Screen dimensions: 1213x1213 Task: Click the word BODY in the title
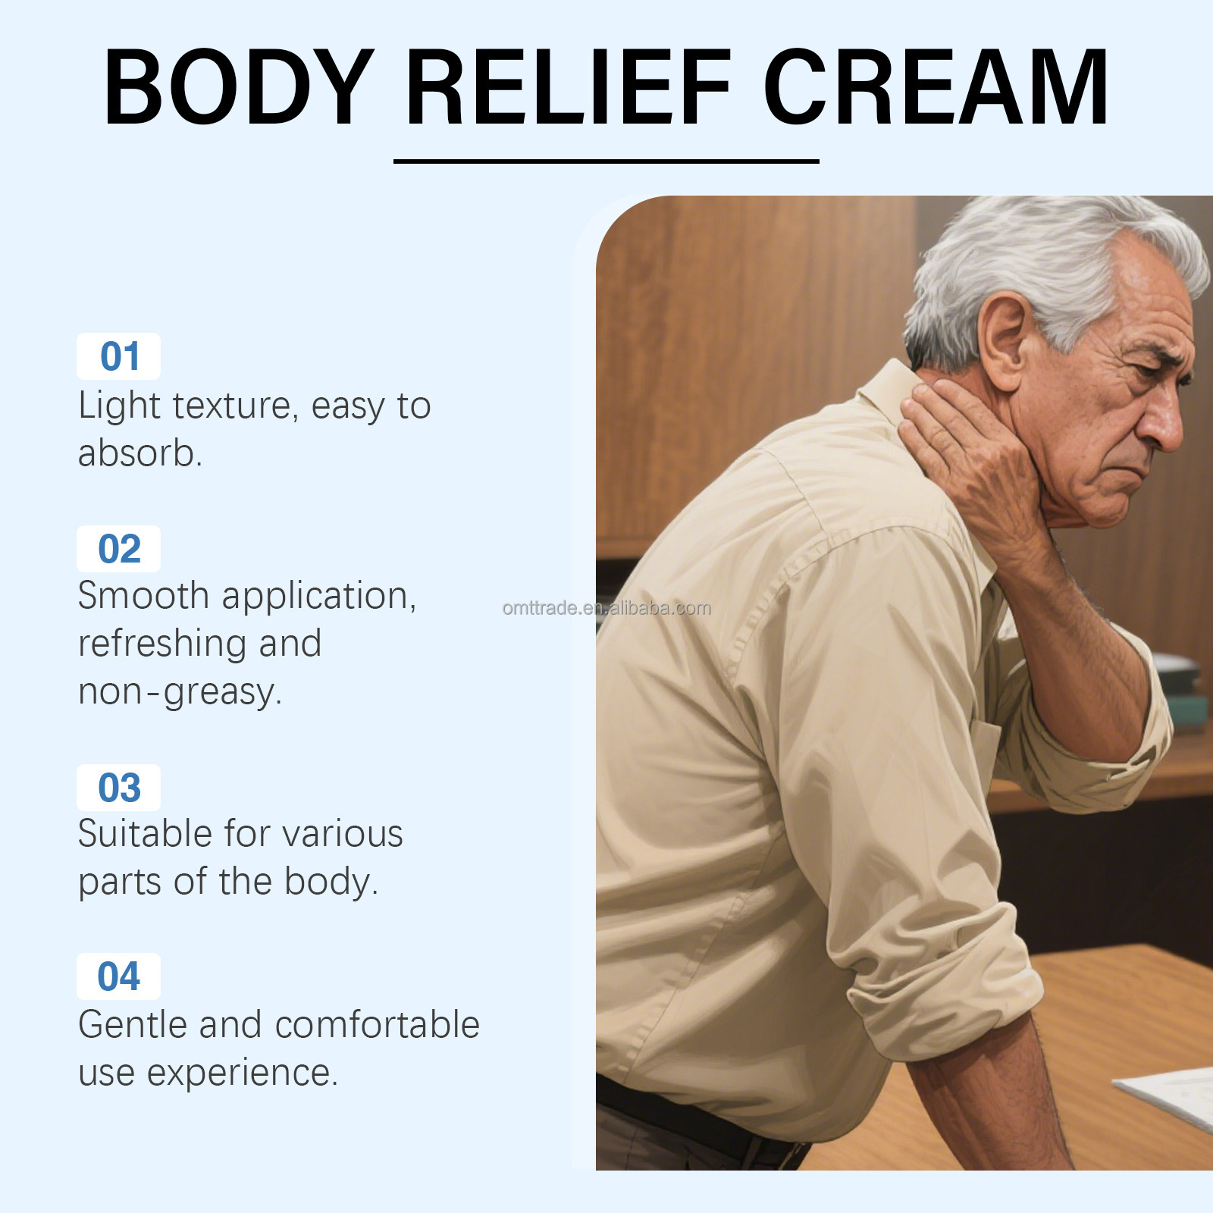[x=239, y=87]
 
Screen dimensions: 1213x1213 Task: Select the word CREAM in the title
[x=936, y=87]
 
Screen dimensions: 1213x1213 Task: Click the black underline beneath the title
[x=606, y=161]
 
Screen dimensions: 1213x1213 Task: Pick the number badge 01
[x=119, y=356]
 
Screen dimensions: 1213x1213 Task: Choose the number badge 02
[x=119, y=549]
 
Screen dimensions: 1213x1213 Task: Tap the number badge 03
[x=119, y=788]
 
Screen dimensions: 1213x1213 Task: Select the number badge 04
[x=119, y=976]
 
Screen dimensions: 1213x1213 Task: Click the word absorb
[x=139, y=453]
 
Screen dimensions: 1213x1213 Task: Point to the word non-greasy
[x=180, y=691]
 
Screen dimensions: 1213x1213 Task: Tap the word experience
[x=242, y=1072]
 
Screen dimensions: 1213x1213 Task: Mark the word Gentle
[x=133, y=1024]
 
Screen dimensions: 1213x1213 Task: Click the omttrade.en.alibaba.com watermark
[x=606, y=608]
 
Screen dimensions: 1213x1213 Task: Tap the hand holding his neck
[x=970, y=455]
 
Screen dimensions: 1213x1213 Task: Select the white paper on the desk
[x=1171, y=1092]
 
